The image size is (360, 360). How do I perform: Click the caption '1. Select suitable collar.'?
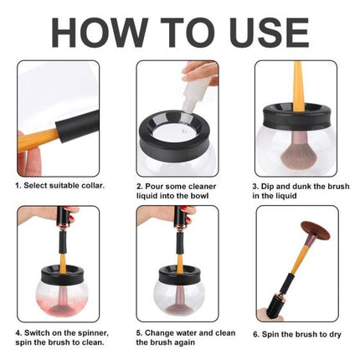pyautogui.click(x=61, y=183)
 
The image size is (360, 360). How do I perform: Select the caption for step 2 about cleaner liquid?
pyautogui.click(x=178, y=189)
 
